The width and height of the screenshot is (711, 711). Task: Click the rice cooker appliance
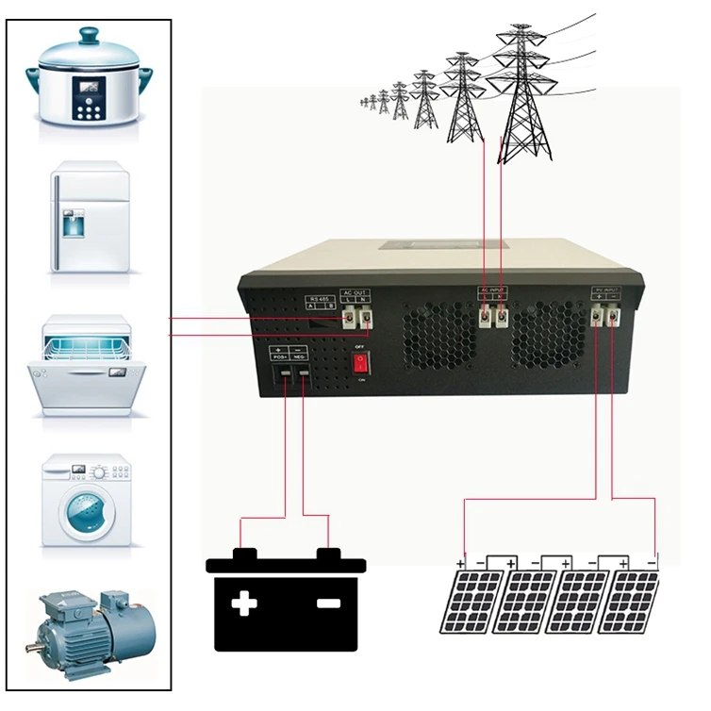[90, 80]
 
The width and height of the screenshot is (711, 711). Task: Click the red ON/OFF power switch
[358, 363]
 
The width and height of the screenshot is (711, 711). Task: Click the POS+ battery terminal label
[280, 357]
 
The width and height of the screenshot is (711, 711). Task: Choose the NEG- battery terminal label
[303, 357]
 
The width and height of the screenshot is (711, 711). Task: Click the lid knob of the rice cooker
[89, 36]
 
